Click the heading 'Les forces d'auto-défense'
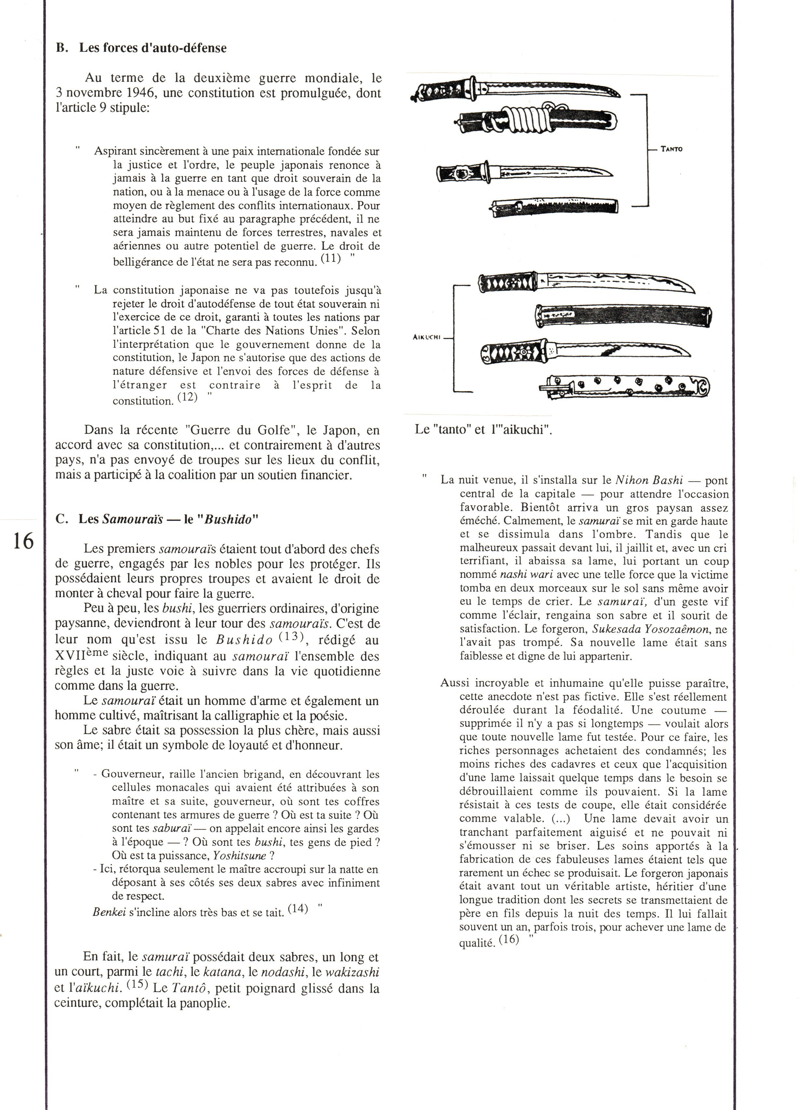[x=152, y=48]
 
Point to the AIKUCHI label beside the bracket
[x=427, y=337]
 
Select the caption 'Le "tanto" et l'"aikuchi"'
[x=483, y=430]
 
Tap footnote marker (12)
[x=187, y=397]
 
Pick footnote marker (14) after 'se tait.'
[x=298, y=909]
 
